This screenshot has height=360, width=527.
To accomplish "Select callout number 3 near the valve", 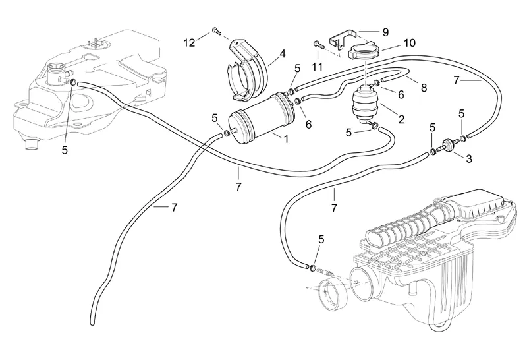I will pos(468,158).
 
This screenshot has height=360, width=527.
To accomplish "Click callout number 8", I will pos(424,87).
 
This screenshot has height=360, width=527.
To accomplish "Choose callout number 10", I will pos(409,44).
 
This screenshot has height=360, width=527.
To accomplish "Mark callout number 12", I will pos(189,43).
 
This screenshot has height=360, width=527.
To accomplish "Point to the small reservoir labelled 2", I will pos(363,104).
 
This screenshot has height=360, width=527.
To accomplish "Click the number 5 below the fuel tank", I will pos(65,150).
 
